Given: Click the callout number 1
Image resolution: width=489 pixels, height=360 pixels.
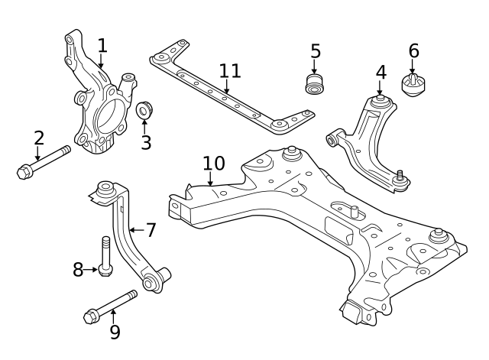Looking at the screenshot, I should (x=102, y=46).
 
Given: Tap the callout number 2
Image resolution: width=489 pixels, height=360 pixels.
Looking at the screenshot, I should (x=38, y=138).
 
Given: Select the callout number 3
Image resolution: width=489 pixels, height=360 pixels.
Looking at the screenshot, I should (x=145, y=142).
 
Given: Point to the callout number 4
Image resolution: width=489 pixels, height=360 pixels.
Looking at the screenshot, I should (x=381, y=73).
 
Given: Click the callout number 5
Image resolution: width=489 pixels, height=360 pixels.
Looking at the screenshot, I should (x=316, y=52).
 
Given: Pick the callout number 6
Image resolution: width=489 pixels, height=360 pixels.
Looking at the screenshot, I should (x=413, y=51).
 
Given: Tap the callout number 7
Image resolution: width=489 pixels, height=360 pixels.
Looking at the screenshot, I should (x=151, y=229).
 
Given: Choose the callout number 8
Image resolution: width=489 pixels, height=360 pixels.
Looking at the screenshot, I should (x=78, y=269).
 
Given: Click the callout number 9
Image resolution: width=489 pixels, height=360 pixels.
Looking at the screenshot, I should (x=115, y=332).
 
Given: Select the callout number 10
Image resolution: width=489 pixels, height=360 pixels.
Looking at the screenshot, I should (x=214, y=163).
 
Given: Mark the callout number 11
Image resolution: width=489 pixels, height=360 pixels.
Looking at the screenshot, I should (x=230, y=72).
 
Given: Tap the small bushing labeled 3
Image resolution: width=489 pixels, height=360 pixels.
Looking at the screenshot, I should (x=144, y=112).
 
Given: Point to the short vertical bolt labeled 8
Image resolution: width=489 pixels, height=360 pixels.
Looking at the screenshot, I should (x=105, y=256).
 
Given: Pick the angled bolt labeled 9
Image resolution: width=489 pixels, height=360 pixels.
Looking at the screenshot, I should (x=112, y=305).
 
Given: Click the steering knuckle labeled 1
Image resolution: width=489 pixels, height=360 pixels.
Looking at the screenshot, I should (x=99, y=107).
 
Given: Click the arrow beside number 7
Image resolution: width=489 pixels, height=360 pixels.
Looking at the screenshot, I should (x=134, y=229).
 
